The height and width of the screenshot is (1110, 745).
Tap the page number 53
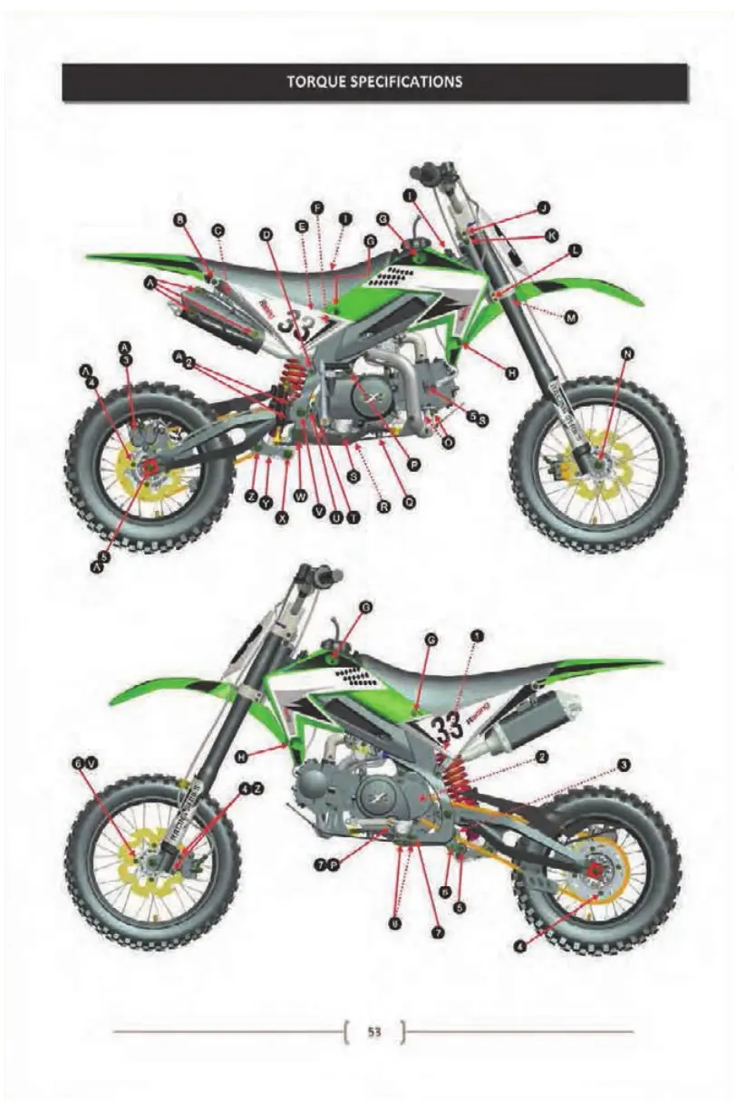(373, 1031)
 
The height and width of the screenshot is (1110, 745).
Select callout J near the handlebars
(543, 208)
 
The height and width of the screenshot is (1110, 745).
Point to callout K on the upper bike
(551, 236)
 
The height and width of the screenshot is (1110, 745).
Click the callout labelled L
(576, 249)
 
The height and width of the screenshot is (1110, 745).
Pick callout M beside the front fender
(571, 316)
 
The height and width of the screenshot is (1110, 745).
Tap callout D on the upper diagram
(266, 234)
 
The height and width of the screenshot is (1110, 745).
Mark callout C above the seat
(218, 231)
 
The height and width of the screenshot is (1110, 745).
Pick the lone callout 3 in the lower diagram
(624, 766)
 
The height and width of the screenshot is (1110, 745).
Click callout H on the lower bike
(241, 754)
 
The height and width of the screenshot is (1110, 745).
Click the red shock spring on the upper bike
(293, 381)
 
